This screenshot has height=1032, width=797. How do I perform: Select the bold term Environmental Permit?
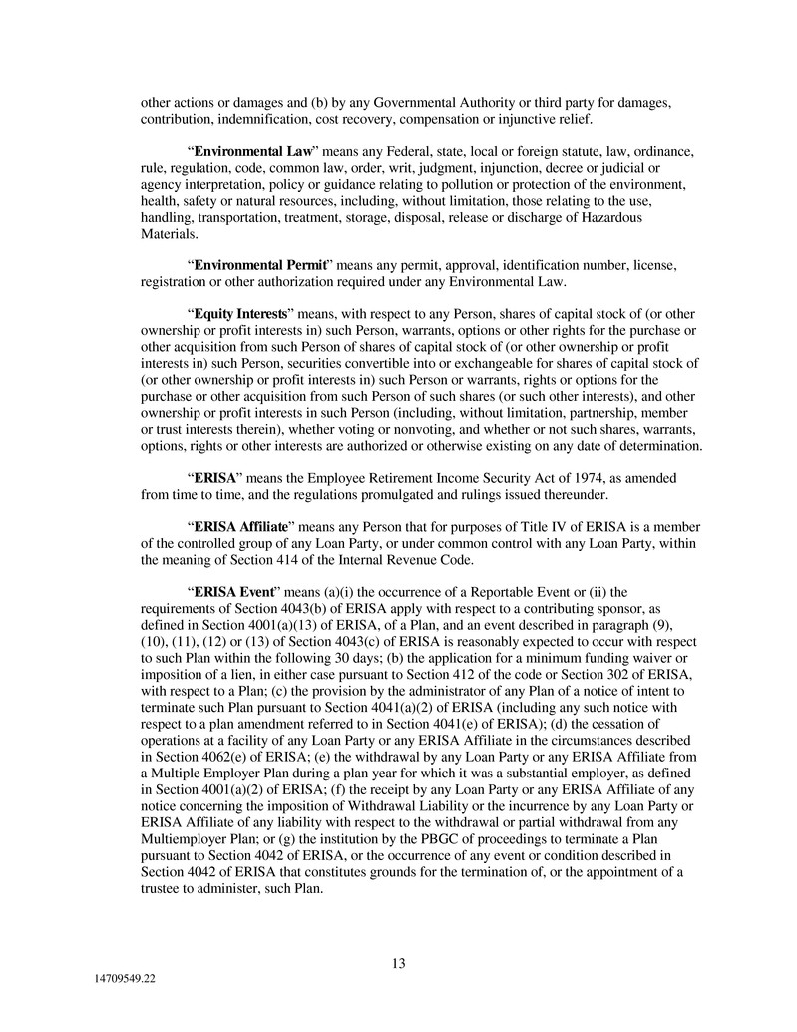pos(260,266)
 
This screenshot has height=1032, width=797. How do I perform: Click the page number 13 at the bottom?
pos(398,963)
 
